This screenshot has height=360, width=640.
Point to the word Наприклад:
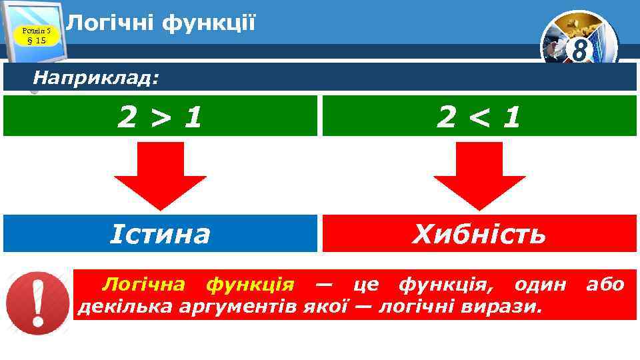(96, 79)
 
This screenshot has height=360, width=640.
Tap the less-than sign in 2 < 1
(479, 117)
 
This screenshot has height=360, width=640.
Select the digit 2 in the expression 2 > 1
(126, 117)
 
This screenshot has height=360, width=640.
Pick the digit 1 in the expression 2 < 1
(511, 117)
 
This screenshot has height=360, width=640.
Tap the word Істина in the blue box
(160, 234)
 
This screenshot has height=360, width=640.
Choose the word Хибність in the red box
(479, 234)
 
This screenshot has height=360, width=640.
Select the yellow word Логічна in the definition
(143, 285)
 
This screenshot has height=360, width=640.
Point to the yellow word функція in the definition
(249, 285)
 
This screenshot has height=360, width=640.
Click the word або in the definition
(605, 285)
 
